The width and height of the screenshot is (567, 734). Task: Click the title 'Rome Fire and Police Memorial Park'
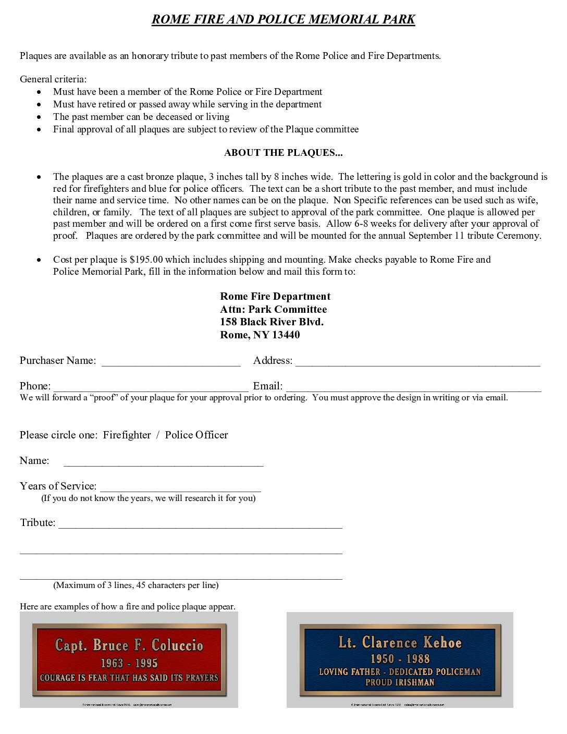tap(283, 19)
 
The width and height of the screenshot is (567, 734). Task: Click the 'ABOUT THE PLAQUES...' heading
tap(283, 153)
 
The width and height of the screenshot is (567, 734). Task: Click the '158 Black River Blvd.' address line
tap(272, 322)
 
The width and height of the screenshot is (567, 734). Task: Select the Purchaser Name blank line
tap(171, 363)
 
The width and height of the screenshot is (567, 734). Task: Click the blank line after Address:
tap(417, 363)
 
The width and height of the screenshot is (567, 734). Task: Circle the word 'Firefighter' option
tap(127, 435)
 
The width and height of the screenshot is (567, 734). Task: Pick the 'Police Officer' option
tap(196, 435)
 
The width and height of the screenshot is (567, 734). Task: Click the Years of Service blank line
tap(180, 488)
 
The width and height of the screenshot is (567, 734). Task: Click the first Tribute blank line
tap(200, 525)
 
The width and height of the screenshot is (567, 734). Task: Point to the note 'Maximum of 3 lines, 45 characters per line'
tap(135, 585)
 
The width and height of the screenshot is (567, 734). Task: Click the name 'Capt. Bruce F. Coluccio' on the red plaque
tap(129, 645)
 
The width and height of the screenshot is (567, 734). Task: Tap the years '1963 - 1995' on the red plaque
tap(129, 663)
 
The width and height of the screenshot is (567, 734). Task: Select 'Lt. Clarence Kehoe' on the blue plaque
tap(400, 642)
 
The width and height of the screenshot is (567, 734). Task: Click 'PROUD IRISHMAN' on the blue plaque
tap(400, 682)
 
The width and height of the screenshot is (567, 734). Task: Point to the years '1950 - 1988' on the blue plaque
tap(400, 659)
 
